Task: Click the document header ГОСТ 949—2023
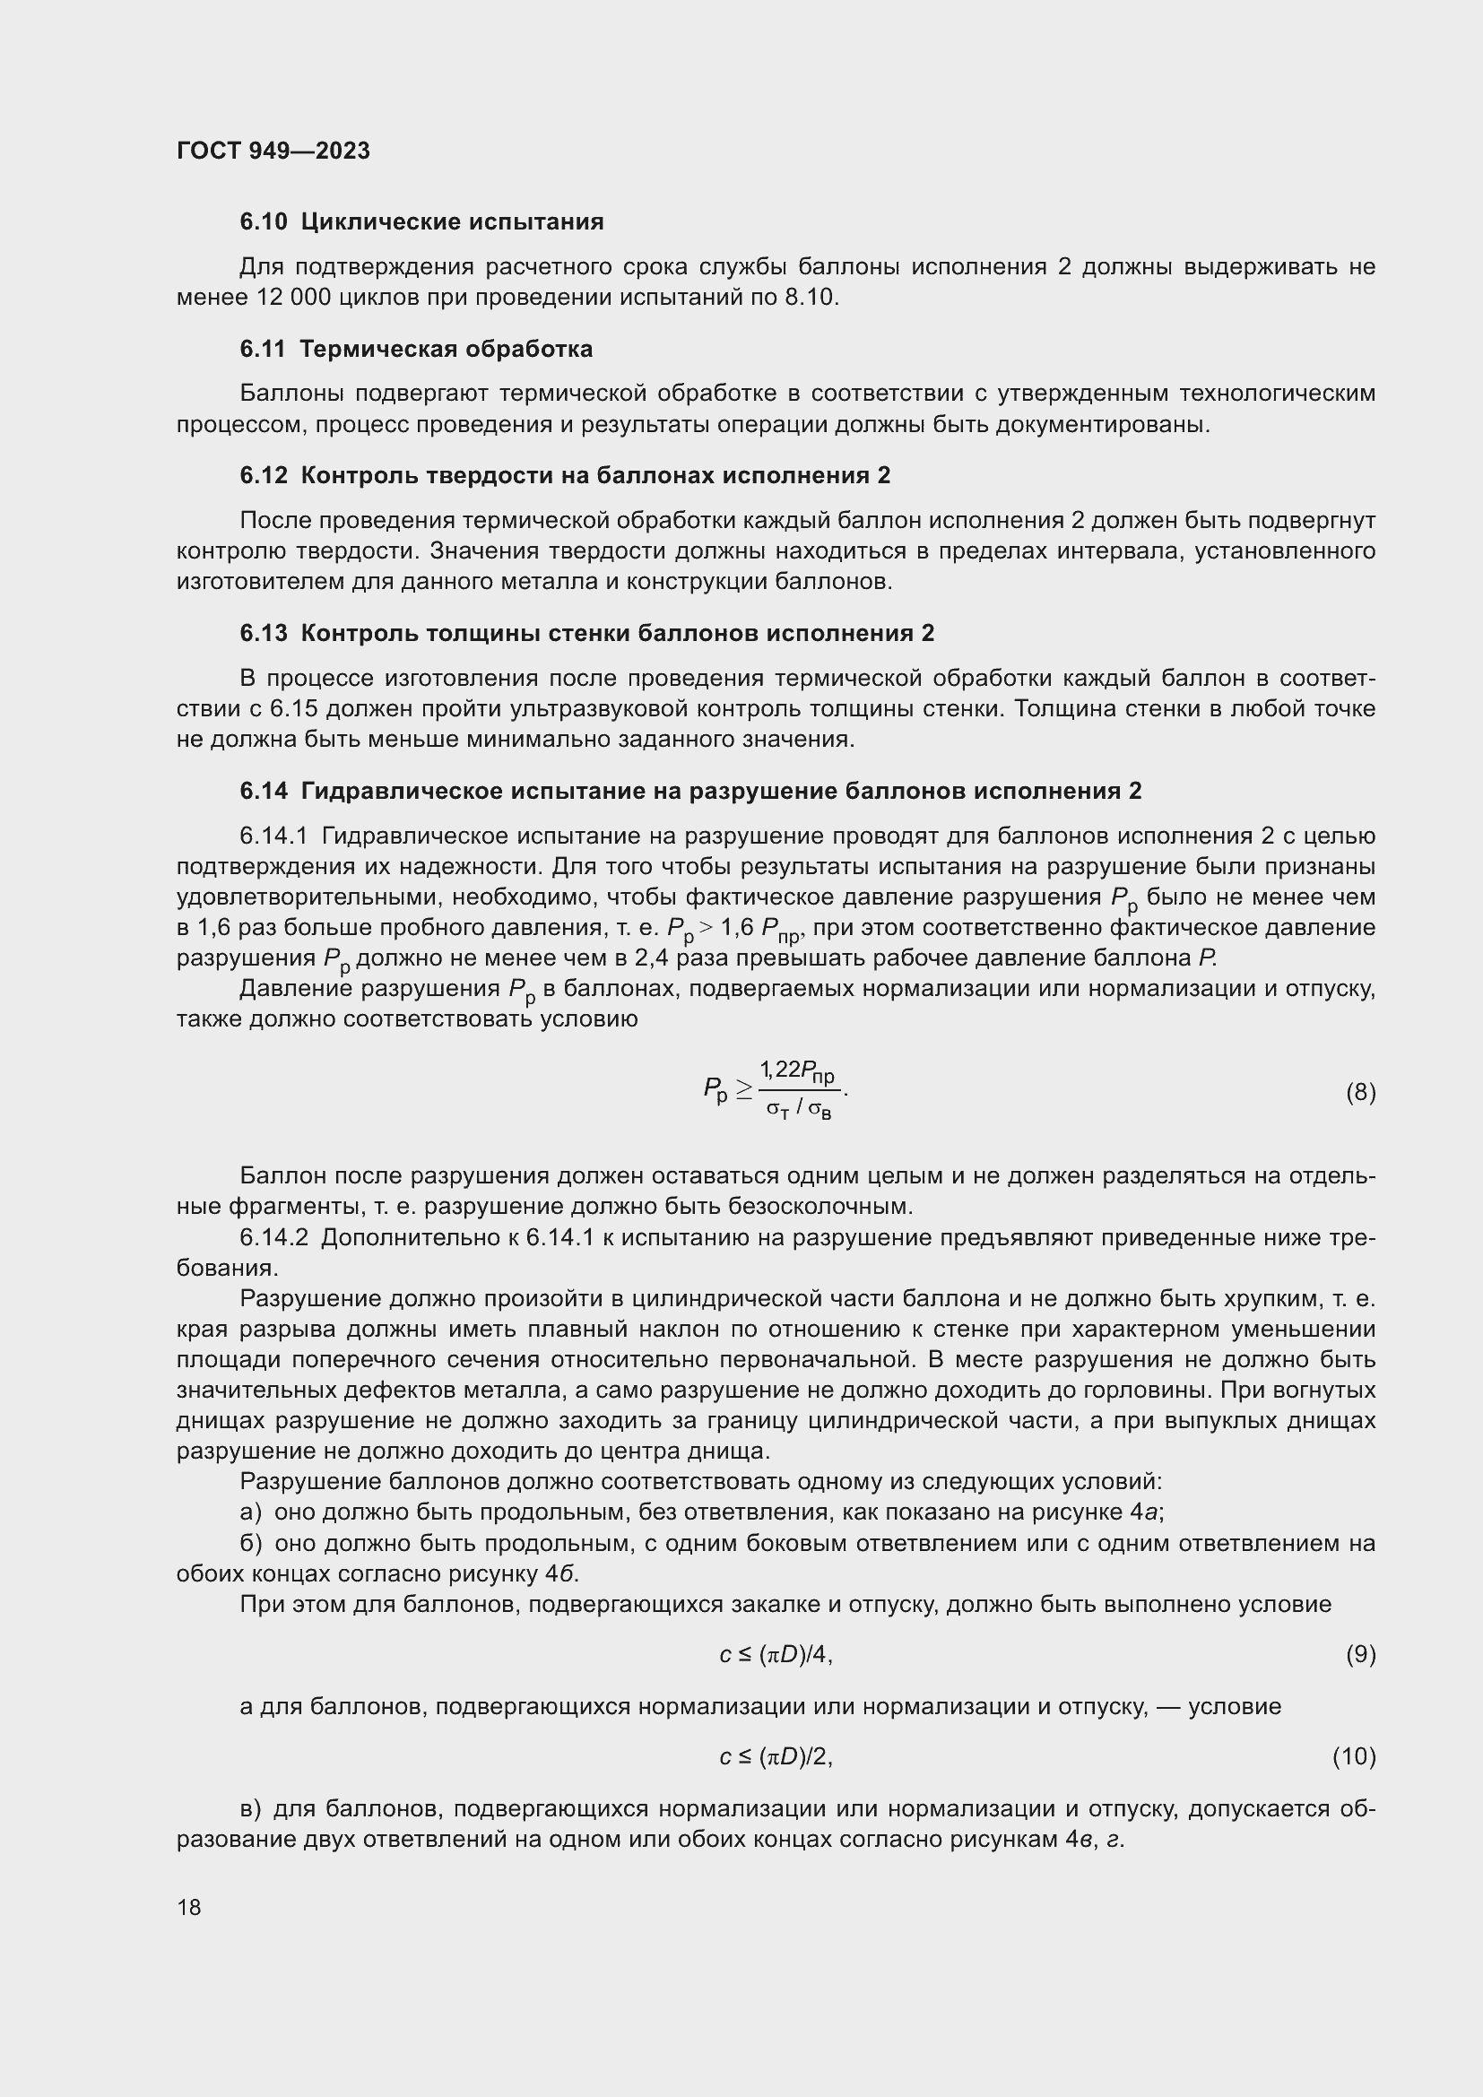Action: tap(273, 151)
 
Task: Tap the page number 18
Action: tap(189, 1907)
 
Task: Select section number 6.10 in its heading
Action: tap(263, 222)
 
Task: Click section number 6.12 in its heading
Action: tap(263, 476)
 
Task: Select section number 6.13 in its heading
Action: tap(263, 634)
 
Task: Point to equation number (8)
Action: tap(1360, 1092)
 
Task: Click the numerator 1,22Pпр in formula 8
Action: tap(796, 1071)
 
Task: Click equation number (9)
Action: tap(1360, 1655)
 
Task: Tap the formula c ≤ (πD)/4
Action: tap(776, 1655)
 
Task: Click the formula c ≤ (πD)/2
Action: tap(776, 1756)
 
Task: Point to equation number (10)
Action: tap(1353, 1756)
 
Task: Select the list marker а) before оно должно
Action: tap(251, 1512)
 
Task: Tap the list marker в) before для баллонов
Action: tap(251, 1809)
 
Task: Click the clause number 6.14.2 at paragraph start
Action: tap(275, 1237)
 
